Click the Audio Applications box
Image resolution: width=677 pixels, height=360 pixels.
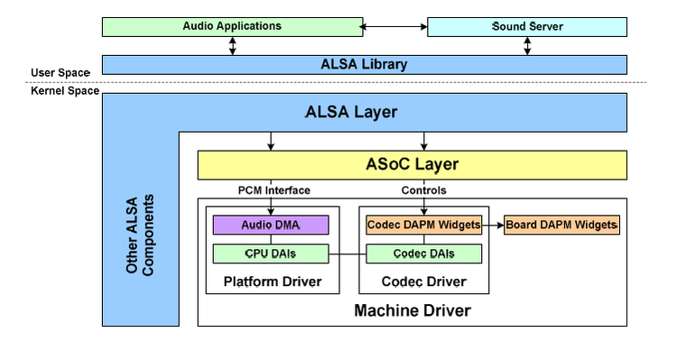pos(232,26)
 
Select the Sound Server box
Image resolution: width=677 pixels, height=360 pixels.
pos(527,26)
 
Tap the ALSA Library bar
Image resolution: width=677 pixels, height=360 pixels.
pos(364,64)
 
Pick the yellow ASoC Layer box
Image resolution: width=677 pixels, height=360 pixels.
pos(411,164)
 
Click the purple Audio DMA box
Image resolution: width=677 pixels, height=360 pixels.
pos(270,225)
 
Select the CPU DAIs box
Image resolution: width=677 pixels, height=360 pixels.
pos(270,254)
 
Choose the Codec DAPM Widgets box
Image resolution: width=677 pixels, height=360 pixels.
pos(422,225)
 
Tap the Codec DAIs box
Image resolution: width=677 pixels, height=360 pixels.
pos(422,254)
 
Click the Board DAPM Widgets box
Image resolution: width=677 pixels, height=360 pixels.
pos(561,225)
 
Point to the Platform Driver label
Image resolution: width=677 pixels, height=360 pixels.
pos(271,282)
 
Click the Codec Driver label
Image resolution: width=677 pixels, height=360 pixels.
pos(423,282)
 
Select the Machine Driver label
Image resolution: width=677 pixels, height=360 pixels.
pos(412,310)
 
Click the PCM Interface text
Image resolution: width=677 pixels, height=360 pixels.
pos(274,189)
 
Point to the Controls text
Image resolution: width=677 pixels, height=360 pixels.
pos(423,189)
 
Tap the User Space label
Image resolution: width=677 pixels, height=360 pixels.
pos(61,72)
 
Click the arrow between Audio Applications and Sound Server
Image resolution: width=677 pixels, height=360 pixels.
pos(394,27)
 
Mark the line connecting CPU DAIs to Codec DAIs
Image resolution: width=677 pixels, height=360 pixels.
pos(347,254)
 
